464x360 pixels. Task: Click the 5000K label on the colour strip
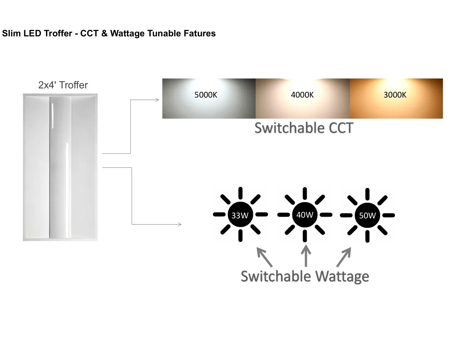(206, 95)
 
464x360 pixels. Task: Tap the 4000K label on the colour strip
(302, 95)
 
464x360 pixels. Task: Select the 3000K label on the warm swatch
(395, 95)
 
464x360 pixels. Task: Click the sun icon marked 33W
(240, 215)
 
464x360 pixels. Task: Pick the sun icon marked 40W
(305, 215)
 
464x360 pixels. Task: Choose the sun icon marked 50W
(367, 215)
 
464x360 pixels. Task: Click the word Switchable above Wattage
(276, 276)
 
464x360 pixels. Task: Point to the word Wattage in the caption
(342, 276)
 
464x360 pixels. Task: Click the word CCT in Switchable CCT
(339, 128)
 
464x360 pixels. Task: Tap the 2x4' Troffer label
(63, 85)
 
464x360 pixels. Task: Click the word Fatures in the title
(200, 33)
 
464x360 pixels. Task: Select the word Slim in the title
(11, 33)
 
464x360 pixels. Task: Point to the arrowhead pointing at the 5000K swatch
(157, 100)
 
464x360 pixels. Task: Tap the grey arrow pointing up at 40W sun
(306, 256)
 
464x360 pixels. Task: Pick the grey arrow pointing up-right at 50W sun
(344, 257)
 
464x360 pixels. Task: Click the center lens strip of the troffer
(60, 167)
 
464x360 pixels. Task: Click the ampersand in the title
(104, 33)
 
